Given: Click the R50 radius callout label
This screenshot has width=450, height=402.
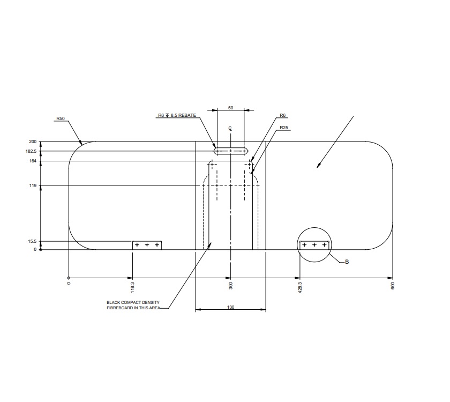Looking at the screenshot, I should (x=60, y=118).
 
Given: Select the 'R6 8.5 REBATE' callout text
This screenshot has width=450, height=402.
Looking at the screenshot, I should (x=177, y=115).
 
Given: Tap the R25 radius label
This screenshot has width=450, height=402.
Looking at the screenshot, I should (x=284, y=128).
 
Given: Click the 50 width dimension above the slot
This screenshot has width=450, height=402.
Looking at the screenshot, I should (x=230, y=108).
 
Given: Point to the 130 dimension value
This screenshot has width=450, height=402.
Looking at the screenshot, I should (x=230, y=308).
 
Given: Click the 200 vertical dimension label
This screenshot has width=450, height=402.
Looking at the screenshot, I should (x=33, y=142).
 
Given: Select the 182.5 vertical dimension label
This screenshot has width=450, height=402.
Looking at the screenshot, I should (x=31, y=152).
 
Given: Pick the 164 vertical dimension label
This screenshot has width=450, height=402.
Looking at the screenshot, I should (x=33, y=161).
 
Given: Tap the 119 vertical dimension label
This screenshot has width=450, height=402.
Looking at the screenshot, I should (x=33, y=185).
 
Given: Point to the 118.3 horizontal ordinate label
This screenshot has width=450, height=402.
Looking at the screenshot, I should (x=132, y=285).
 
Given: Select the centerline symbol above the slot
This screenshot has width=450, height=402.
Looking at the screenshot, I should (x=230, y=129).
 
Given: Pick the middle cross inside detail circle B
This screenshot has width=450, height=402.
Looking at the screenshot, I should (x=314, y=245).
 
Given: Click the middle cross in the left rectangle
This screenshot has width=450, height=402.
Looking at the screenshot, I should (x=147, y=245).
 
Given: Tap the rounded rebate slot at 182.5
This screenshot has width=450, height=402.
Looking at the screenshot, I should (x=231, y=151).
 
